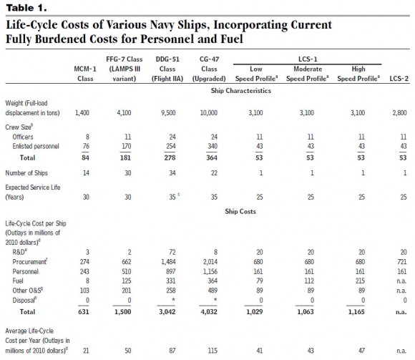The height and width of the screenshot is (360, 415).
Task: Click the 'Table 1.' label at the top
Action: (x=26, y=8)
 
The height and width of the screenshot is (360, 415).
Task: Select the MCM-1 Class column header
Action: (x=85, y=74)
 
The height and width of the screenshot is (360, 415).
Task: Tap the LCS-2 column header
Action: (x=399, y=79)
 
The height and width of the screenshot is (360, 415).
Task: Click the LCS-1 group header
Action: (x=308, y=59)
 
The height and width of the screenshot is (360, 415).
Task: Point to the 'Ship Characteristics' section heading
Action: (x=241, y=90)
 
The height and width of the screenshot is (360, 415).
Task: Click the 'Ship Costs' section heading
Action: (x=240, y=211)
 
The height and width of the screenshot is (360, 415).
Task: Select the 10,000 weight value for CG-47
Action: (x=208, y=113)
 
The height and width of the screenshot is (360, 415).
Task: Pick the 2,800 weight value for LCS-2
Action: (x=399, y=113)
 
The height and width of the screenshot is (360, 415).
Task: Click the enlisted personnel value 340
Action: (x=213, y=146)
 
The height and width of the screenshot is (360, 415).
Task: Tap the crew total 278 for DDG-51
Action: (x=170, y=157)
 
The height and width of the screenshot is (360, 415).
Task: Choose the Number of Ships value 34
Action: (x=172, y=173)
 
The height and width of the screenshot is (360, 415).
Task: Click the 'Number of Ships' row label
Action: (x=26, y=173)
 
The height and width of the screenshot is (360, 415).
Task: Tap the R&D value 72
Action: (x=172, y=252)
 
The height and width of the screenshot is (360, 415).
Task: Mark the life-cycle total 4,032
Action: (x=209, y=311)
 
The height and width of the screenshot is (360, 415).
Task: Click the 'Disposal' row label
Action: (x=24, y=300)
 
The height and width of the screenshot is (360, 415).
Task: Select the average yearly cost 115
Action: (x=213, y=351)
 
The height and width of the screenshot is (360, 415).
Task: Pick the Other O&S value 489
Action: (x=213, y=291)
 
